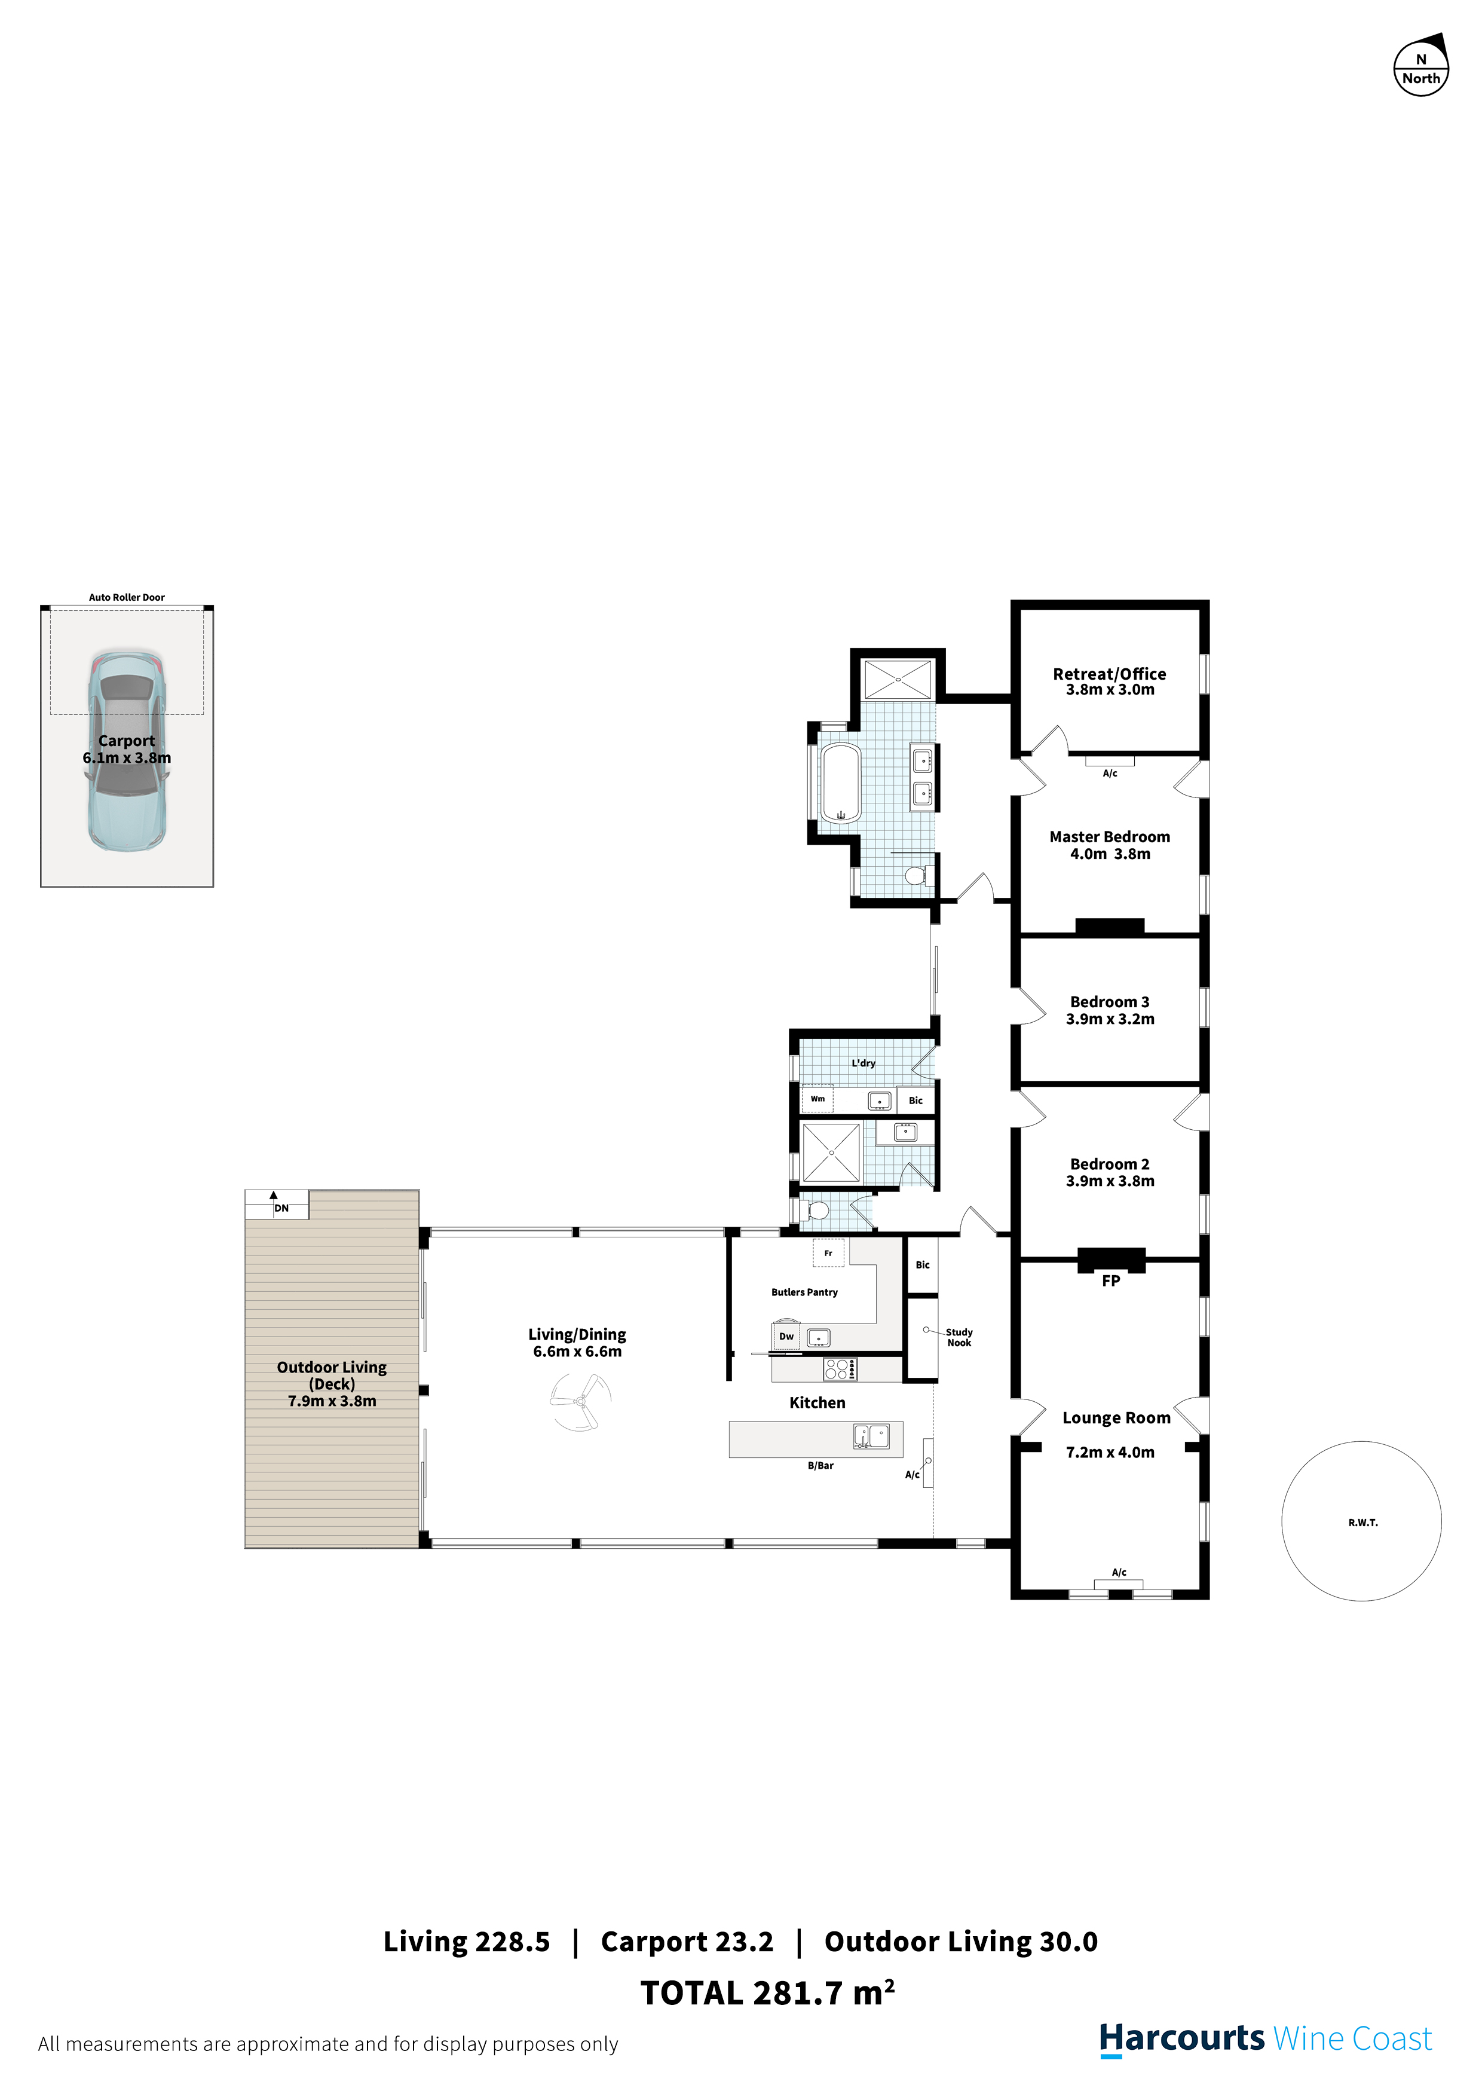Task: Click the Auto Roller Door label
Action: coord(127,597)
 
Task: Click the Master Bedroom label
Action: coord(1110,837)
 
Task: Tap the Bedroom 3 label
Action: coord(1110,1002)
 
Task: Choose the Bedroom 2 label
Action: coord(1110,1164)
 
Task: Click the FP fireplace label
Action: coord(1110,1280)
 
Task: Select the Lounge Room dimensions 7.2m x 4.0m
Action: coord(1110,1452)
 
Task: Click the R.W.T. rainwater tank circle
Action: coord(1361,1521)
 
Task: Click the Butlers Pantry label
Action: coord(804,1292)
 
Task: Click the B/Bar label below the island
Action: coord(820,1466)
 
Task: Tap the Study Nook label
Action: coord(959,1337)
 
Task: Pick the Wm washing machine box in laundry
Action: coord(817,1099)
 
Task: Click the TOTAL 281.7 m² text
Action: coord(767,1993)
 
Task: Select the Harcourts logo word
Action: coord(1181,2038)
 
